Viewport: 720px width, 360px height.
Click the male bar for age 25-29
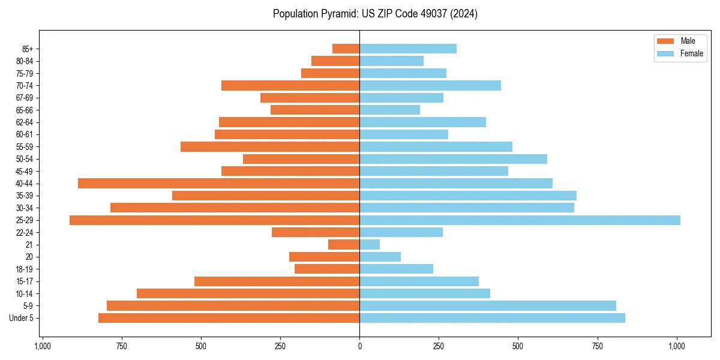(214, 220)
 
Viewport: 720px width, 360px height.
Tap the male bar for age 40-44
(218, 184)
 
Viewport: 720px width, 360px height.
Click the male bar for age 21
(344, 245)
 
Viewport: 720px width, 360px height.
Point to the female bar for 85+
(408, 49)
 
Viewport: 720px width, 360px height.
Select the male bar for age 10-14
(248, 293)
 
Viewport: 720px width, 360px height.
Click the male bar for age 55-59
(270, 147)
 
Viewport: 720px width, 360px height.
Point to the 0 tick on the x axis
(359, 346)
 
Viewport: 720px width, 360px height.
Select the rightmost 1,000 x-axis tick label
(677, 346)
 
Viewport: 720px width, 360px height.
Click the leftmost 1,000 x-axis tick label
(42, 346)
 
